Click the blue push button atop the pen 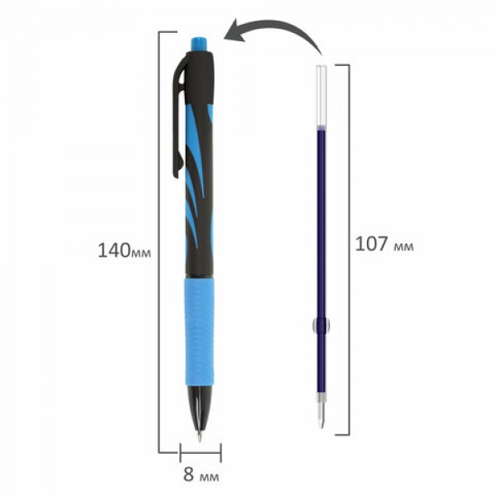click(199, 45)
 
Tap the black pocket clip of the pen click(178, 117)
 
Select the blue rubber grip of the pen click(200, 332)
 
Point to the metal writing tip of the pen click(200, 436)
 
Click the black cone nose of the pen click(199, 408)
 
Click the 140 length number click(114, 250)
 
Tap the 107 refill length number click(371, 244)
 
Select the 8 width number click(188, 474)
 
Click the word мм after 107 click(403, 247)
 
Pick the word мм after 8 click(210, 477)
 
